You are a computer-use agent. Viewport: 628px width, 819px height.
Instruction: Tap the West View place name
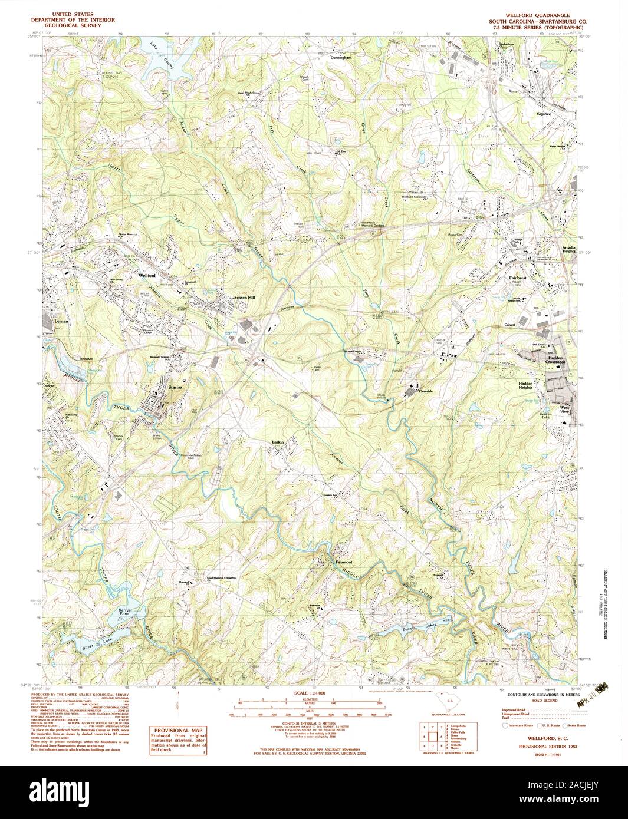coord(564,410)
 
